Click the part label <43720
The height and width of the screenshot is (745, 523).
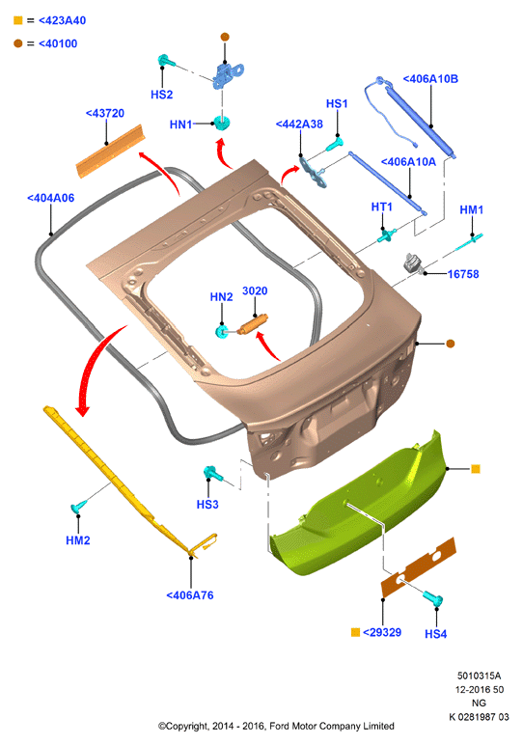click(105, 114)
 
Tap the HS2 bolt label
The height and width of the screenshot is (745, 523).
click(161, 95)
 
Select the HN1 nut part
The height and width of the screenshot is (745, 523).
click(222, 123)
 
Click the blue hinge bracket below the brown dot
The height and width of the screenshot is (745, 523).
click(228, 75)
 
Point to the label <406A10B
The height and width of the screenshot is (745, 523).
click(430, 79)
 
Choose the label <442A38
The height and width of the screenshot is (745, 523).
click(299, 124)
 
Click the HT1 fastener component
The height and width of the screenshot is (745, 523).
click(386, 235)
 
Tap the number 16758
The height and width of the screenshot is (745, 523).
click(463, 274)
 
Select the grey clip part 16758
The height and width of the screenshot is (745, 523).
click(413, 262)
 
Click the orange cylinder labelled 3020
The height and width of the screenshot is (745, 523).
click(253, 324)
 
